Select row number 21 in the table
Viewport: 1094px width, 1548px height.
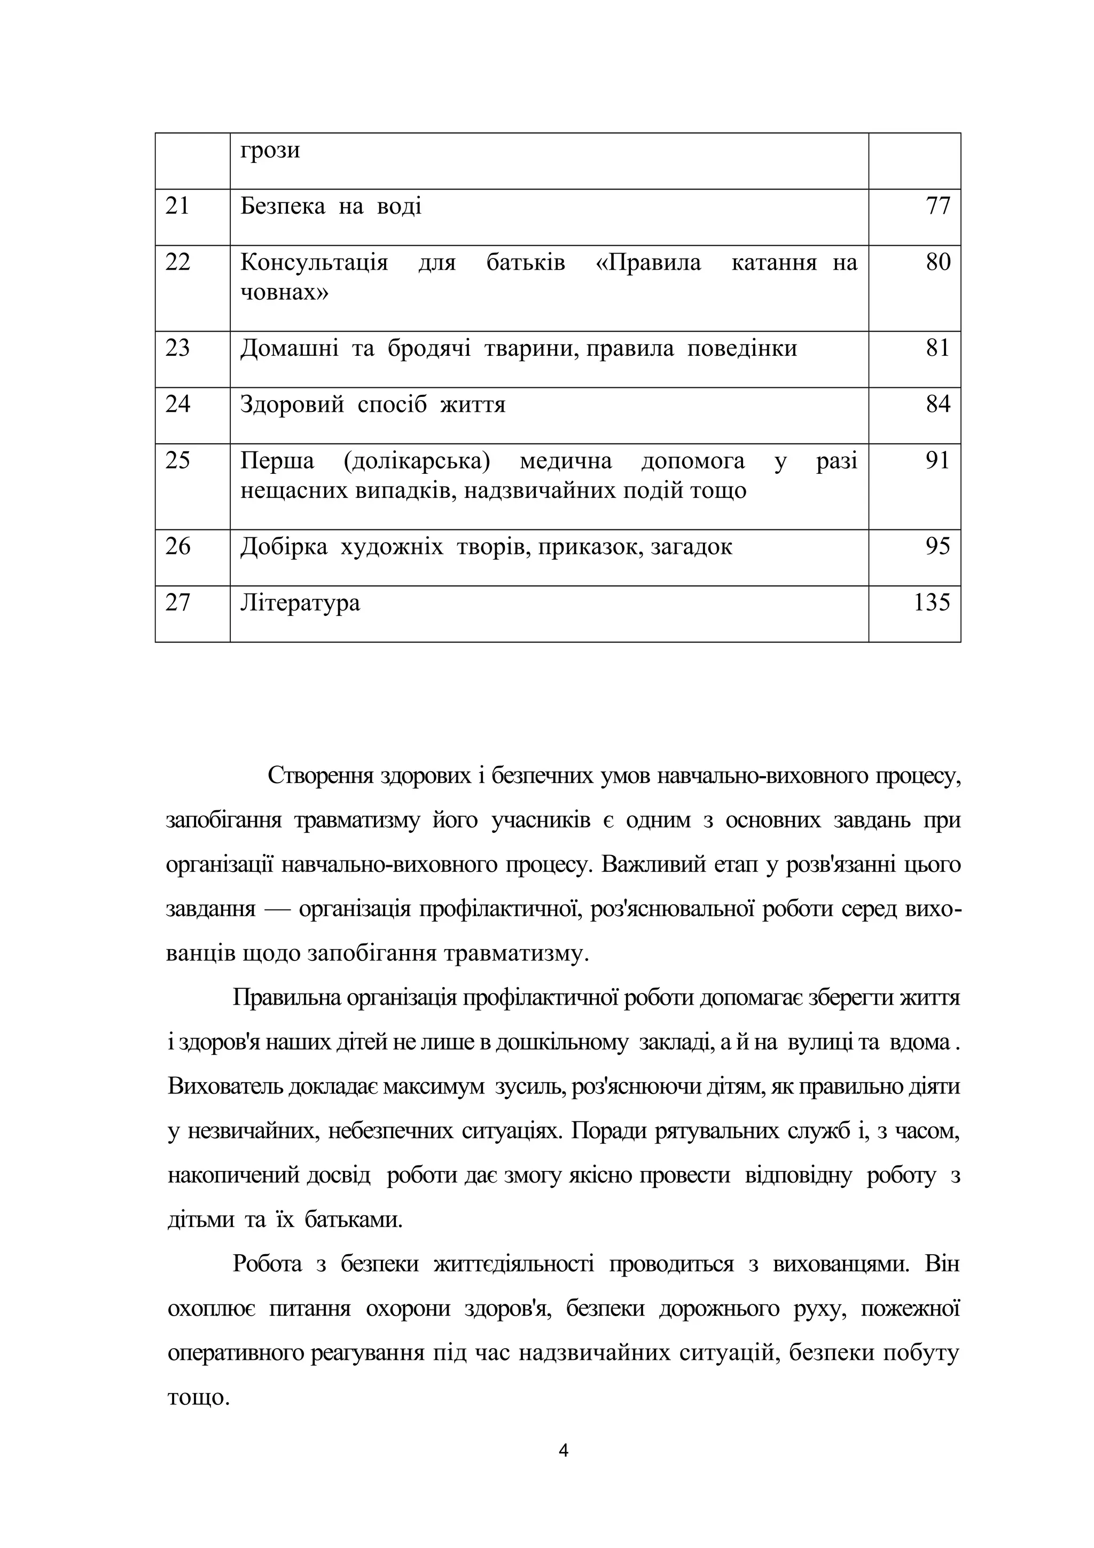click(x=177, y=206)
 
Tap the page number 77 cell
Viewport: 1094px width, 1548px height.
click(x=937, y=206)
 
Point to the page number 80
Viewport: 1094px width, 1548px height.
click(x=937, y=262)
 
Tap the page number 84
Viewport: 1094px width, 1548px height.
click(x=937, y=404)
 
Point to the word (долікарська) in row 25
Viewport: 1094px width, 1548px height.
click(x=417, y=460)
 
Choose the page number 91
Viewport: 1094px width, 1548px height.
click(x=937, y=460)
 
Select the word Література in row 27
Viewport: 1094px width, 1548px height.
click(x=300, y=602)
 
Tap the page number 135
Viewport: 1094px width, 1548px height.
click(x=932, y=602)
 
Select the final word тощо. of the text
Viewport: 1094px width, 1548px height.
click(x=199, y=1398)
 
